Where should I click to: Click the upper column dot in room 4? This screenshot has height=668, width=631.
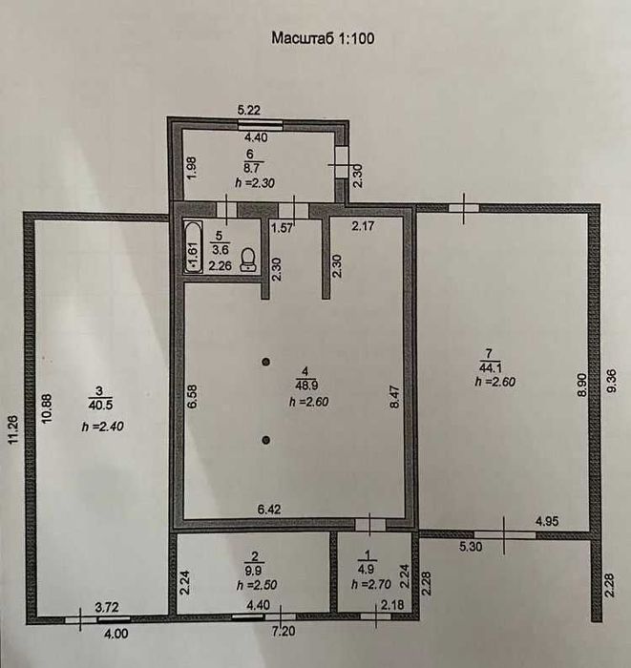[x=266, y=362]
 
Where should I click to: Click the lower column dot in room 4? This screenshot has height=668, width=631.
[x=266, y=439]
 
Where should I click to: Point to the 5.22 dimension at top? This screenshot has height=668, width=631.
[x=248, y=112]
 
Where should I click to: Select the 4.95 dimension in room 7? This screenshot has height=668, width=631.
[x=547, y=521]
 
